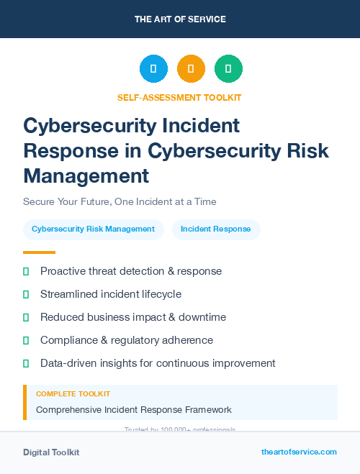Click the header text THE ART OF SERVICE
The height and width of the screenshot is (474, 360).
tap(180, 19)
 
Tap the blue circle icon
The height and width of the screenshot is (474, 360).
tap(153, 69)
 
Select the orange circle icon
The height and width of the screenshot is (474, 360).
tap(191, 69)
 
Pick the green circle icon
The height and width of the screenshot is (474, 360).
tap(228, 69)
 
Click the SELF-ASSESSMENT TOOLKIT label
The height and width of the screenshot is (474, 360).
tap(179, 97)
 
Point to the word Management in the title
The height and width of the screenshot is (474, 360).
tap(86, 175)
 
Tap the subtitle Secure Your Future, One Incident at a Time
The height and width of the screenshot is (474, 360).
tap(120, 201)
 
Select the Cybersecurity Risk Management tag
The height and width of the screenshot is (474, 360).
tap(94, 229)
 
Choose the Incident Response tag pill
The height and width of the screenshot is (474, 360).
tap(216, 229)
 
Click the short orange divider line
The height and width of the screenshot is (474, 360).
tap(39, 252)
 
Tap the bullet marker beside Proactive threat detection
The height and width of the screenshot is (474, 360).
tap(26, 271)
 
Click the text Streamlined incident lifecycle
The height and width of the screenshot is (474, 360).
tap(111, 294)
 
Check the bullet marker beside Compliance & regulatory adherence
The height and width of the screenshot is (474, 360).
tap(26, 340)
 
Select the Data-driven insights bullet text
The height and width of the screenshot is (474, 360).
tap(158, 363)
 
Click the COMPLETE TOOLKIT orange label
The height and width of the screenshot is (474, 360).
tap(73, 394)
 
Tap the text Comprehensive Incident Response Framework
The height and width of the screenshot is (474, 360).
tap(134, 410)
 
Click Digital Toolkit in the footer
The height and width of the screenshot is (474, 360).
tap(51, 452)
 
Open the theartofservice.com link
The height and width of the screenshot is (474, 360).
tap(299, 452)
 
